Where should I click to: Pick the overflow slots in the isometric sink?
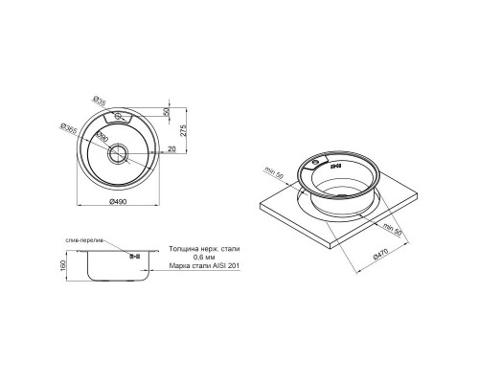pyautogui.click(x=335, y=165)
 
